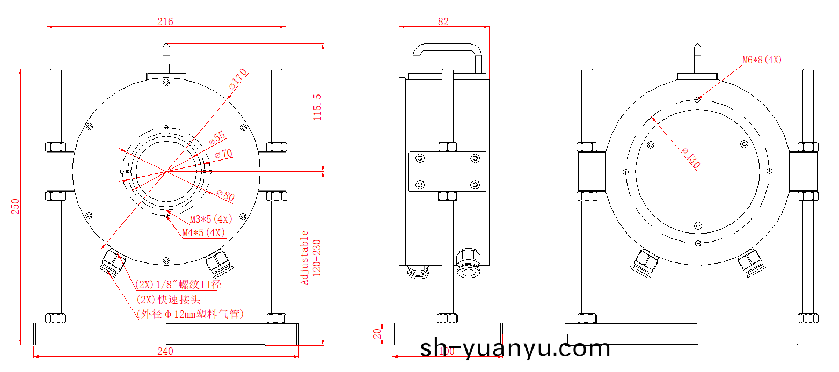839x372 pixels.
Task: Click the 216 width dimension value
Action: (165, 22)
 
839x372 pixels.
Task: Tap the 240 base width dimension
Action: (165, 352)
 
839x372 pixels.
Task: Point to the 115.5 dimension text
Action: (317, 107)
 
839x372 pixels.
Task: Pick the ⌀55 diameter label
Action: (217, 138)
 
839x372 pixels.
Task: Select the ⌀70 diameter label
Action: (223, 154)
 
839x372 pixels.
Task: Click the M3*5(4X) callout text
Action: (211, 220)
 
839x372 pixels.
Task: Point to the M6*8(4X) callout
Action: (762, 60)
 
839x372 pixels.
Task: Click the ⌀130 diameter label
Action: (691, 158)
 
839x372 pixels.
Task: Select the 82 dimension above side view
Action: (443, 22)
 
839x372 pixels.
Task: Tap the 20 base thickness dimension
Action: (377, 334)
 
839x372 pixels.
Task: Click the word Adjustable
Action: (305, 258)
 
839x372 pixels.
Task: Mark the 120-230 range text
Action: (317, 258)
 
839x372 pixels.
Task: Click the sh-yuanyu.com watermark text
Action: (515, 349)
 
